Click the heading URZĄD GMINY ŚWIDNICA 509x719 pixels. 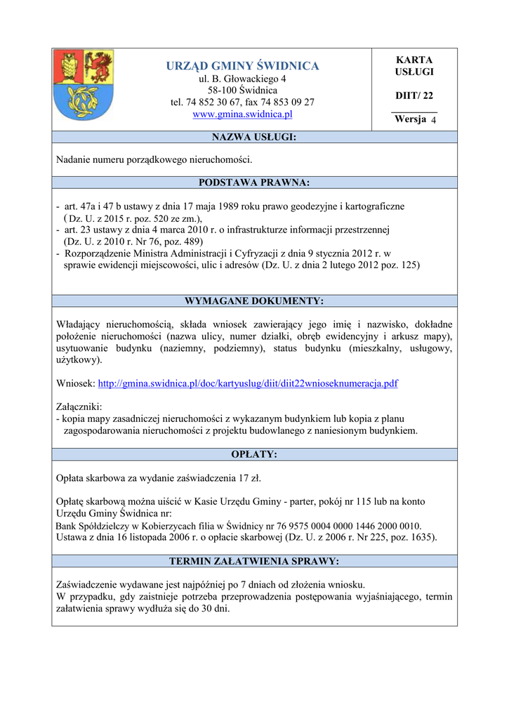pyautogui.click(x=242, y=66)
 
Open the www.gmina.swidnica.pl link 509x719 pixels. pyautogui.click(x=242, y=114)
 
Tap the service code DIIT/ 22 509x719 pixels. pyautogui.click(x=414, y=95)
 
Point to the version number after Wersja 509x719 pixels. pyautogui.click(x=433, y=120)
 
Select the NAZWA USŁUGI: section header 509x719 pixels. pyautogui.click(x=254, y=137)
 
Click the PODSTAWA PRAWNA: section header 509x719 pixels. pyautogui.click(x=254, y=183)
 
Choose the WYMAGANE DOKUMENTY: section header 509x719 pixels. pyautogui.click(x=254, y=301)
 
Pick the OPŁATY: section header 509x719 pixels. pyautogui.click(x=254, y=454)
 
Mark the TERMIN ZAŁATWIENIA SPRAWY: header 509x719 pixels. pyautogui.click(x=254, y=561)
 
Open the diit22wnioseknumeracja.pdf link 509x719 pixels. pyautogui.click(x=248, y=383)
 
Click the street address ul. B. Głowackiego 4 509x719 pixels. pyautogui.click(x=242, y=79)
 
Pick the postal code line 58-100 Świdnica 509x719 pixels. pyautogui.click(x=242, y=91)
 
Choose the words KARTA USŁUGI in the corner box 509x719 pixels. pyautogui.click(x=414, y=66)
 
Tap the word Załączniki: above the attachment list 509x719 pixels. pyautogui.click(x=79, y=407)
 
